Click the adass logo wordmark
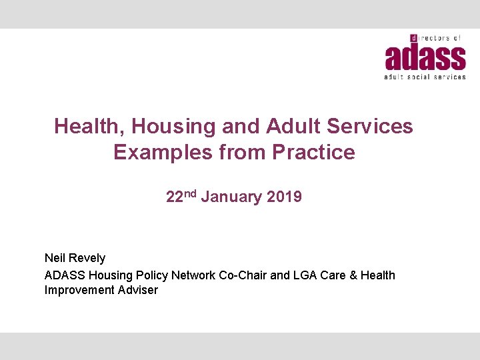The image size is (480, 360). (425, 57)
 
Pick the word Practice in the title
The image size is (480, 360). (313, 152)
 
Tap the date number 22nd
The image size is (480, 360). (180, 197)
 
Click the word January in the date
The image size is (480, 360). (231, 197)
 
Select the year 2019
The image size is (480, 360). (284, 197)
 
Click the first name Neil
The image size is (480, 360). (55, 258)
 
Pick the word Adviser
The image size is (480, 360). (137, 290)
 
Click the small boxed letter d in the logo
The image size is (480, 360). (413, 39)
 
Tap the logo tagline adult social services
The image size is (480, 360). (425, 77)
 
